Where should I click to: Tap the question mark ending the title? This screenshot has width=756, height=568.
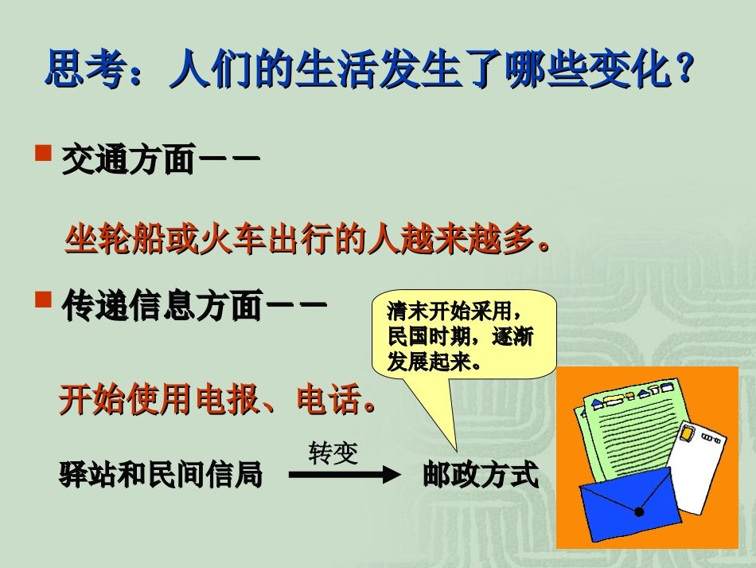point(683,70)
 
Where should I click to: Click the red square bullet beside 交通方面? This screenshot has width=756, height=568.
point(44,152)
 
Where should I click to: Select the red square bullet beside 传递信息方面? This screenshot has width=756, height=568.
point(44,300)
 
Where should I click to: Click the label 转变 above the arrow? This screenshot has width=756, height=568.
point(333,453)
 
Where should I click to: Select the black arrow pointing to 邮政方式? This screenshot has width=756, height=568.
point(343,476)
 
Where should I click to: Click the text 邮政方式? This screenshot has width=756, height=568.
point(481,476)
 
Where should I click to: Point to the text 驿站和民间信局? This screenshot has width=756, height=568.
point(161,476)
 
